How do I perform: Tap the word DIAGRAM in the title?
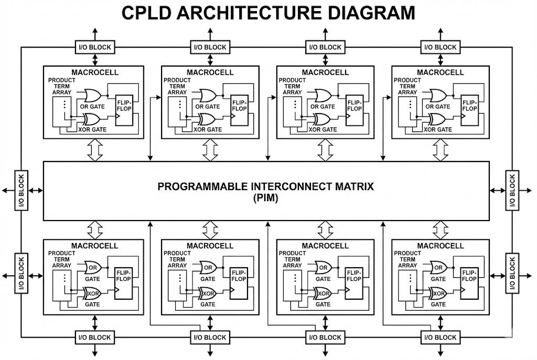[x=364, y=13]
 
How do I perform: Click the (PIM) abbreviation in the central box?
[x=266, y=198]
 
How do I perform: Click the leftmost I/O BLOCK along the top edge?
[x=94, y=47]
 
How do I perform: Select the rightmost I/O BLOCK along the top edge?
[x=439, y=47]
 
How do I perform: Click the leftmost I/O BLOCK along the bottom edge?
[x=94, y=337]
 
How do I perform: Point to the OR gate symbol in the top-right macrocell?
[x=438, y=95]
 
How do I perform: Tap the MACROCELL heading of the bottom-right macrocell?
[x=441, y=246]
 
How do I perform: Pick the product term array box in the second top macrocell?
[x=179, y=111]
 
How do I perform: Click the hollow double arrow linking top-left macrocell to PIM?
[x=94, y=150]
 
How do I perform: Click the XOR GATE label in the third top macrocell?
[x=323, y=129]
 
